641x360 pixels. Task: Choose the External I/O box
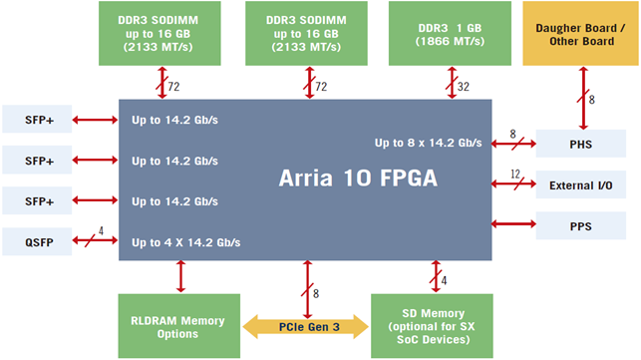coord(580,185)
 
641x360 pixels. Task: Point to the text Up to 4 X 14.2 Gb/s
coord(186,242)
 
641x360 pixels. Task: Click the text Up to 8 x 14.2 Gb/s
coord(429,143)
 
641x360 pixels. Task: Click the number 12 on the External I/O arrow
coord(515,175)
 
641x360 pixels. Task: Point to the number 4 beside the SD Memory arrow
coord(444,281)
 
